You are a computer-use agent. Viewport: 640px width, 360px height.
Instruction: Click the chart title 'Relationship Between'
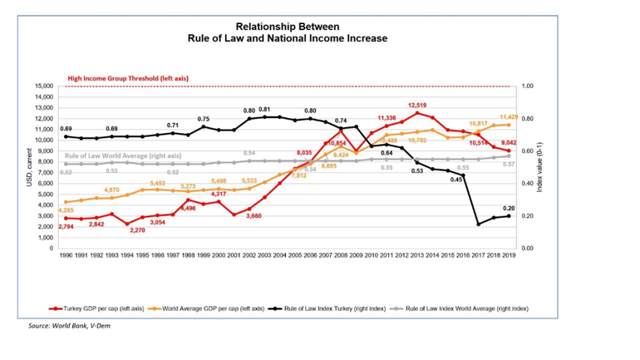(x=287, y=27)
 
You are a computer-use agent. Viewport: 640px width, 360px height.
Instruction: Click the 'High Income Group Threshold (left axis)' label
(x=127, y=78)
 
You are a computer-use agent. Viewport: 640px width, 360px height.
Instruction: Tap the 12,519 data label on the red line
(x=417, y=106)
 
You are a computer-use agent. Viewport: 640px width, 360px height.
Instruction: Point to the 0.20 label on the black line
(x=509, y=208)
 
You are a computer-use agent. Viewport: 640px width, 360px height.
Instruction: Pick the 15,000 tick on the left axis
(x=42, y=86)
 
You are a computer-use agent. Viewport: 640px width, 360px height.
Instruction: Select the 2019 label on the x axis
(x=508, y=257)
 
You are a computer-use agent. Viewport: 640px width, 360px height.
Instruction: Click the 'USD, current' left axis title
(x=30, y=167)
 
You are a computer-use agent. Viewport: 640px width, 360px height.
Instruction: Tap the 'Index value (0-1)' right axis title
(x=540, y=167)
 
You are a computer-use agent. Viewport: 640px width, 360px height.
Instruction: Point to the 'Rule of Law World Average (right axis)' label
(x=123, y=155)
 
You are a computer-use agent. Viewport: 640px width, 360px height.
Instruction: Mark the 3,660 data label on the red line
(x=254, y=216)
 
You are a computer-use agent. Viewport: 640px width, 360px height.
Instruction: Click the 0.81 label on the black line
(x=264, y=110)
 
